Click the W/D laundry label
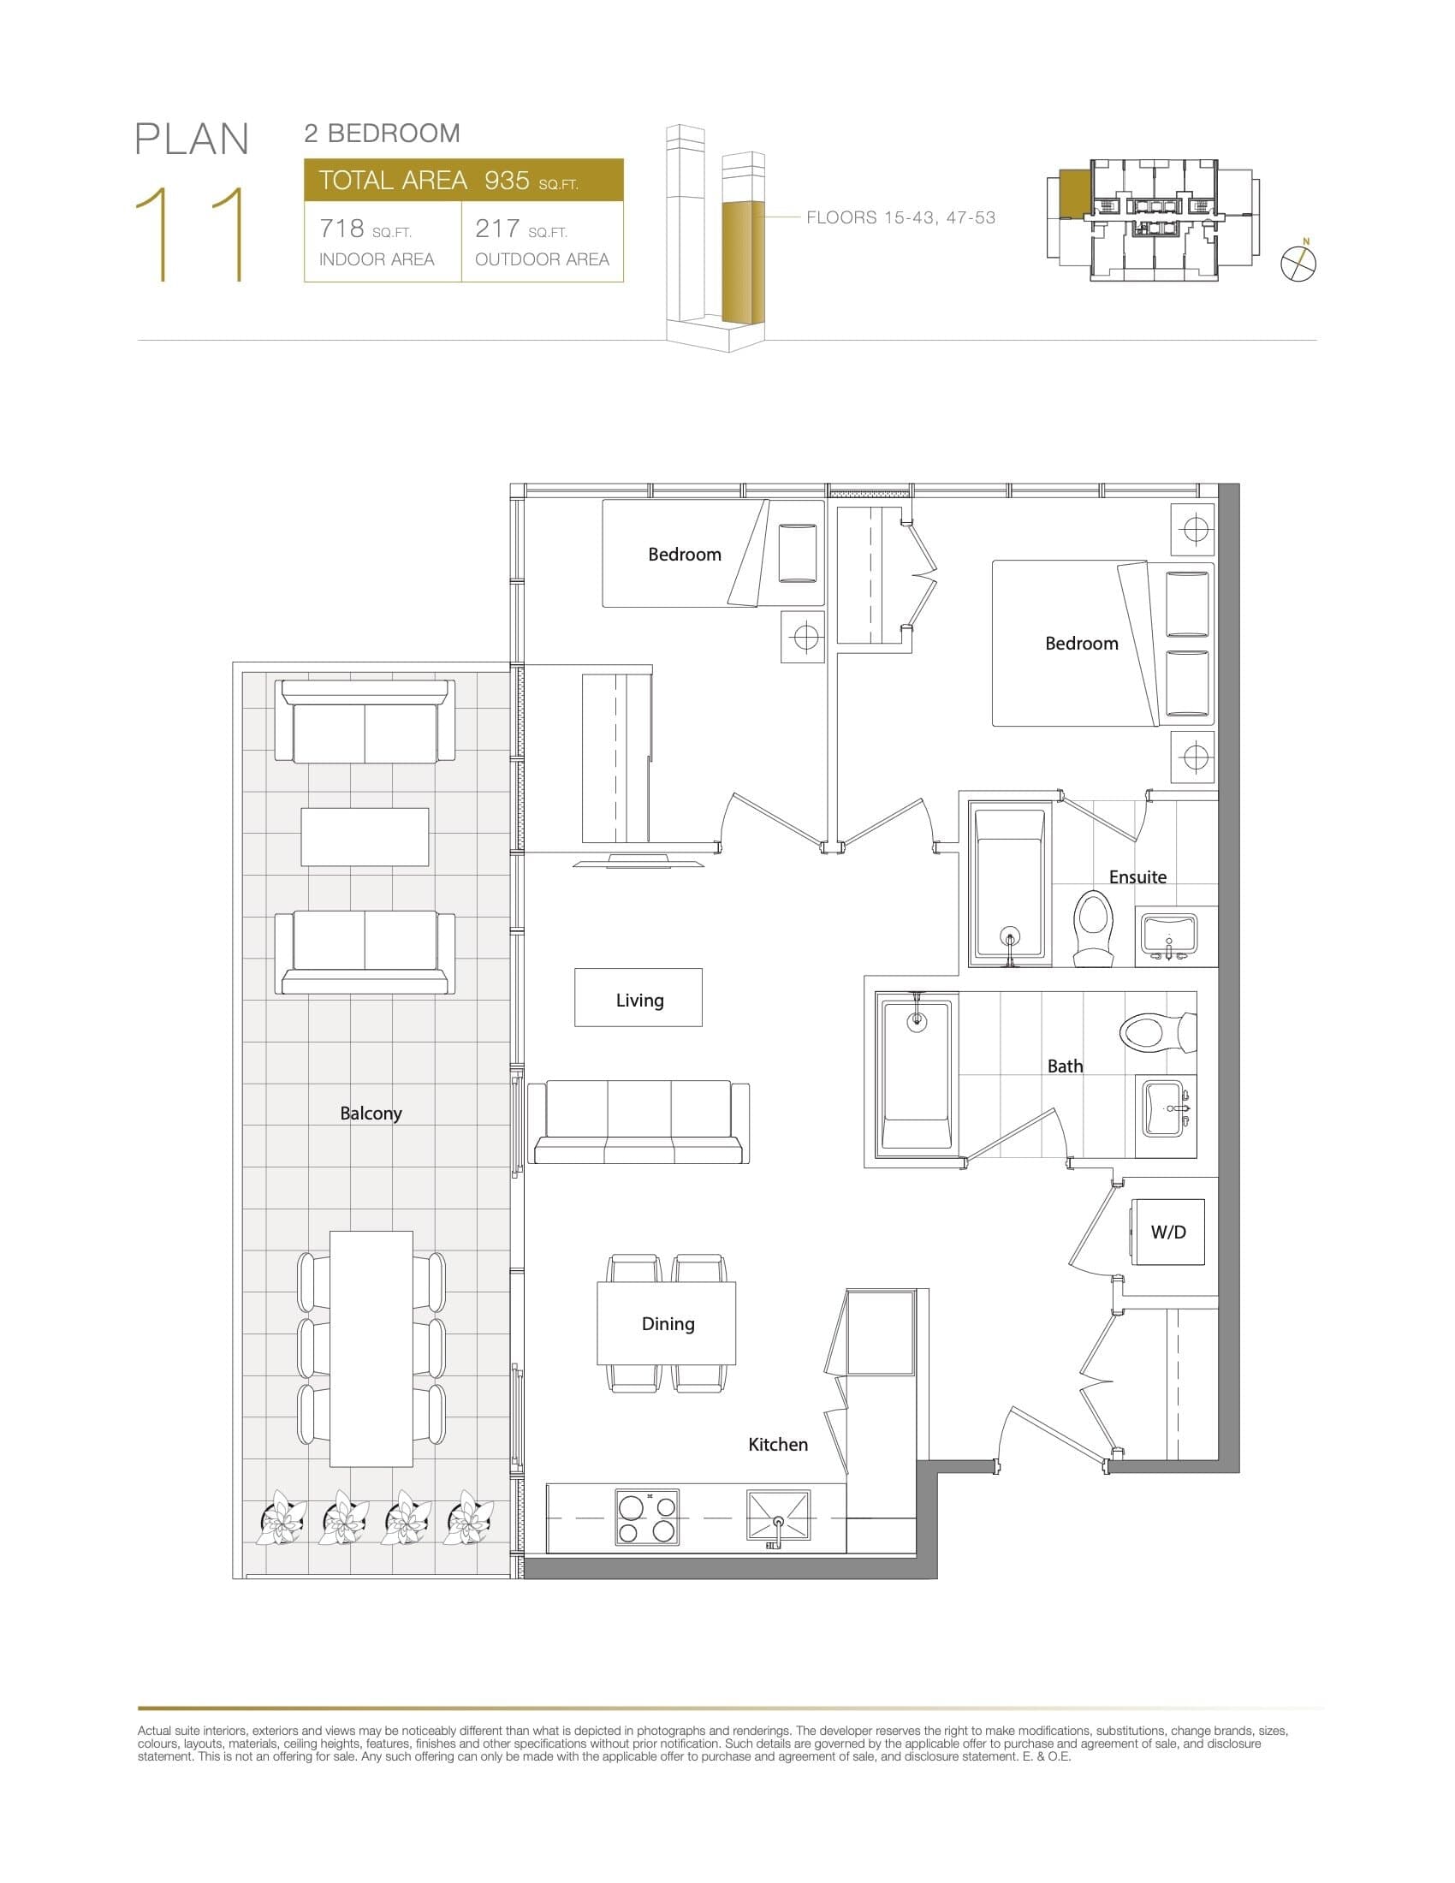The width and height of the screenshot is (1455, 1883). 1168,1232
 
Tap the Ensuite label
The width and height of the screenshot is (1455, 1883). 1137,876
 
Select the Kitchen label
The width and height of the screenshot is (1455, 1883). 777,1444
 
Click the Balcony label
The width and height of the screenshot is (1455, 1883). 371,1113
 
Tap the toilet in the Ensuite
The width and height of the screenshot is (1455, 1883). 1092,927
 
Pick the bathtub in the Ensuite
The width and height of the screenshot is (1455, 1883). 1009,884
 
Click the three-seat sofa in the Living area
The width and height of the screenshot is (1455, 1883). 638,1124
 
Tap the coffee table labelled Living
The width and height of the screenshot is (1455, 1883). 638,997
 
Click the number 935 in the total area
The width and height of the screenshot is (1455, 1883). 507,181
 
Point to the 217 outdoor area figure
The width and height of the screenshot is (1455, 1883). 497,229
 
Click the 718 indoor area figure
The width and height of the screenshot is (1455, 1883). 341,229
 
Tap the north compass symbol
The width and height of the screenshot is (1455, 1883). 1298,263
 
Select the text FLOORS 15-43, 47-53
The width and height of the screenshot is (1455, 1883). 900,218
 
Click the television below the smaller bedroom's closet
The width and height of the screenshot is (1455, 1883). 638,860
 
